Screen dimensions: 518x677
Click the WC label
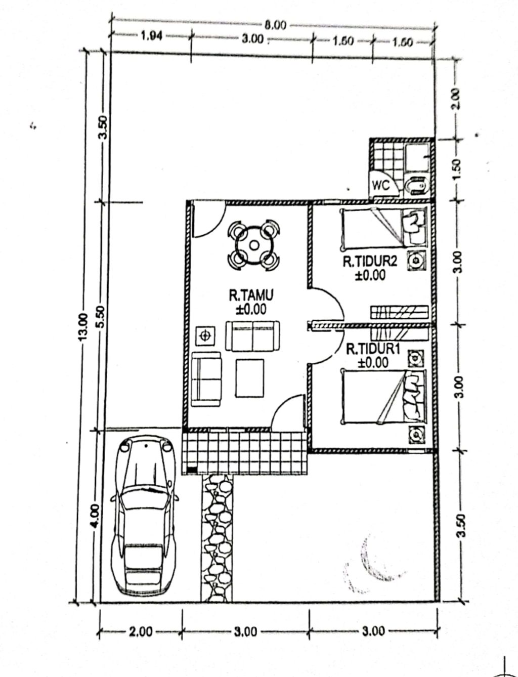pos(381,186)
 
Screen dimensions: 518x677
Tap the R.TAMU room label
pos(251,295)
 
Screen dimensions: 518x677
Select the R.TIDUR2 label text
pos(370,262)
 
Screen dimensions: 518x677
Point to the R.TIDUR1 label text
pos(373,350)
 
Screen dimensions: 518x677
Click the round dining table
pos(254,245)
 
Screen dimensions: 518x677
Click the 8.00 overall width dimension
pos(275,25)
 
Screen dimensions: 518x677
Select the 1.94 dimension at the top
pos(151,36)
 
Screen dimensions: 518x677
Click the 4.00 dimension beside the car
pos(96,516)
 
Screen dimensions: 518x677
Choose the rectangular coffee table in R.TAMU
pos(250,378)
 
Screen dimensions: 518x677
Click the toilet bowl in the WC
pos(417,186)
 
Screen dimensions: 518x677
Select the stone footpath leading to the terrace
pos(217,537)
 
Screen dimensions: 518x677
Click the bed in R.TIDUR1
pos(384,396)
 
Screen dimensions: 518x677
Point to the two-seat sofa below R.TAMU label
pos(252,336)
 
